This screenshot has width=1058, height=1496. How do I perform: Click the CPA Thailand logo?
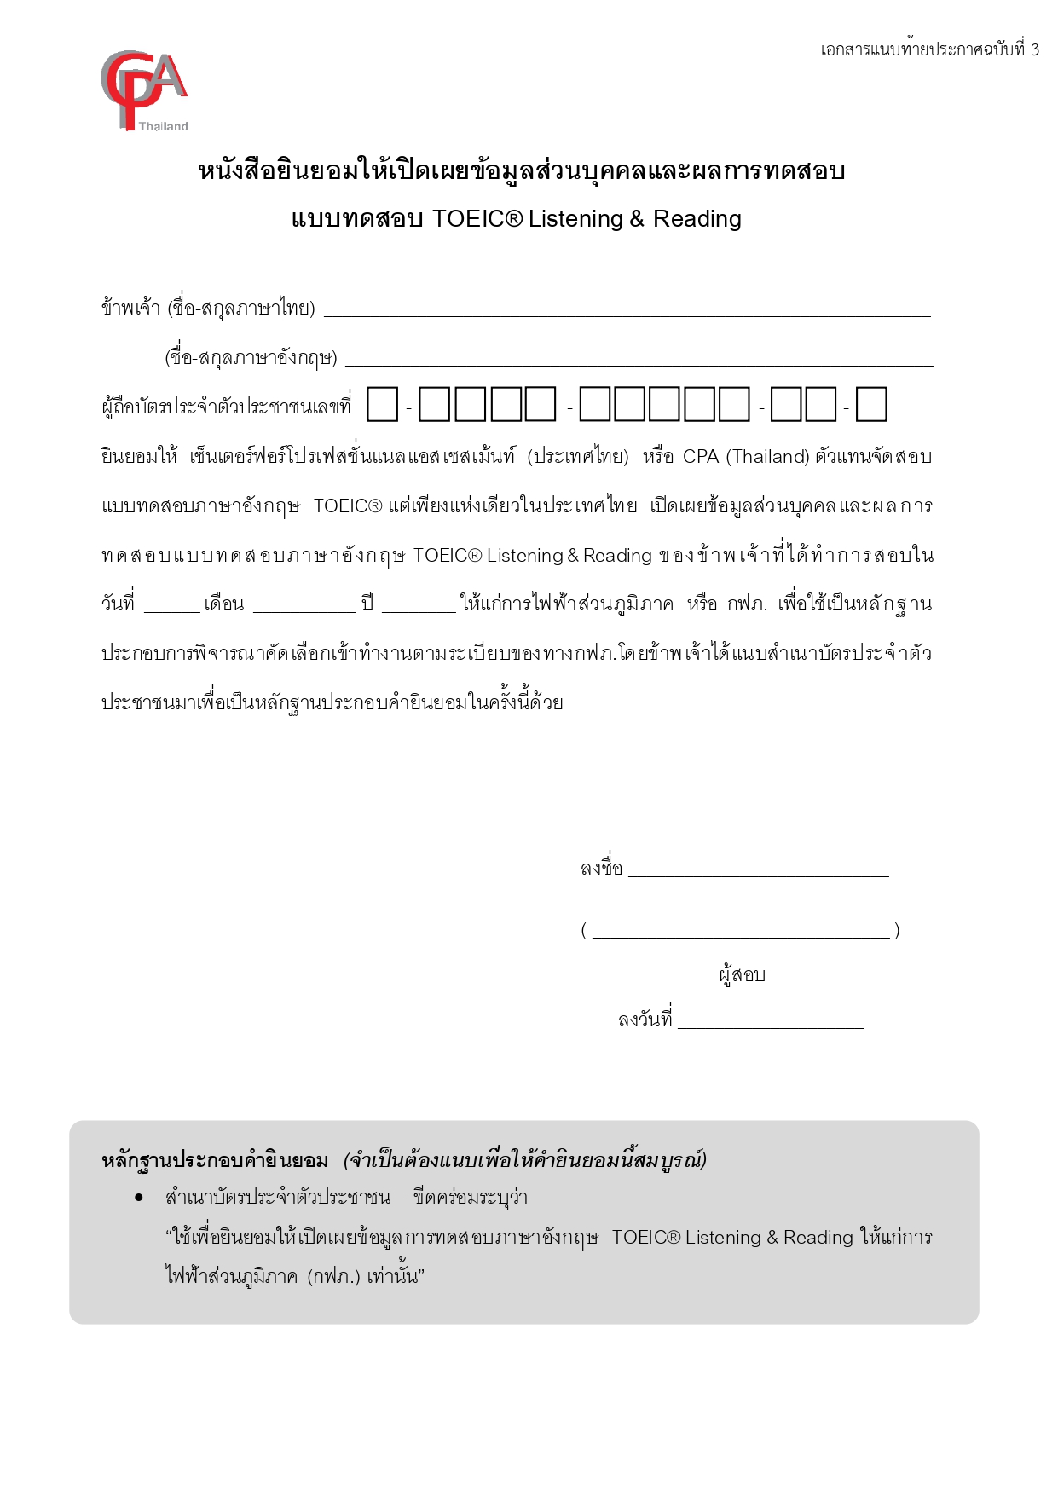(143, 90)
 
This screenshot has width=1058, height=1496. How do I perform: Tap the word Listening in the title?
(575, 219)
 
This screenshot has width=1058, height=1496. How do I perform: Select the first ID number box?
(382, 404)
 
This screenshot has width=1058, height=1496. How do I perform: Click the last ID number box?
(870, 404)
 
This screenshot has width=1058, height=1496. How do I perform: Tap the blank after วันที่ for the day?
(171, 606)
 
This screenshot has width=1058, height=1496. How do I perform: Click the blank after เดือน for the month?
(304, 606)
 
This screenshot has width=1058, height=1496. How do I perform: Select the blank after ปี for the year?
(419, 606)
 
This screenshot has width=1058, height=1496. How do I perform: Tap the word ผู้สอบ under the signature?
(742, 975)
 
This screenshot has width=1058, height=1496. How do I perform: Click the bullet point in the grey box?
(139, 1198)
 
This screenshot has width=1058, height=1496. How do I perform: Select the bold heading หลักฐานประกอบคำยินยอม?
(215, 1160)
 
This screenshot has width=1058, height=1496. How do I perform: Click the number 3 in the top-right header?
(1034, 49)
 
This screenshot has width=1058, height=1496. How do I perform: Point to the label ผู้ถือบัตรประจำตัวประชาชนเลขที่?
(226, 407)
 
